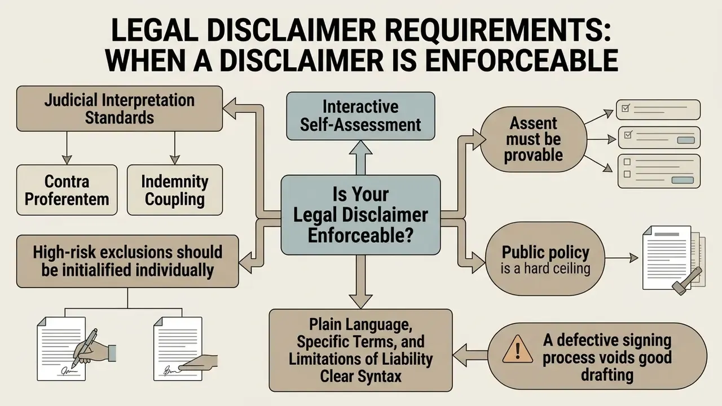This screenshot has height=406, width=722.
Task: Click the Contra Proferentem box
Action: coord(67,190)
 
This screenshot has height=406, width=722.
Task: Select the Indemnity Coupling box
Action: coord(175,190)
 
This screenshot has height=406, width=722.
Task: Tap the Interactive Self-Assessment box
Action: coord(360,116)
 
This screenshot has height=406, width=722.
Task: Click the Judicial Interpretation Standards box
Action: coord(120,109)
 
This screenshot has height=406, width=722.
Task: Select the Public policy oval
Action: coord(545,259)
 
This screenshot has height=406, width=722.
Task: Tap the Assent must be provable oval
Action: coord(534,139)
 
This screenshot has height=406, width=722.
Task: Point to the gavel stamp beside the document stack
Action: coord(686,281)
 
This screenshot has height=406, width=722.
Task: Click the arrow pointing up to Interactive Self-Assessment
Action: coord(360,158)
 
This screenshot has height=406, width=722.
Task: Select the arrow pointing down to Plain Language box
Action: coord(360,281)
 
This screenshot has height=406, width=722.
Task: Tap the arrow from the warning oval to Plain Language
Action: coord(470,355)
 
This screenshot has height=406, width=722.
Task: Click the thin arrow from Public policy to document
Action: coord(622,258)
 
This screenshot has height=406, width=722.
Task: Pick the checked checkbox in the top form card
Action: coord(626,108)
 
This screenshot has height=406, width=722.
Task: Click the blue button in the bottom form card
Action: coord(683,180)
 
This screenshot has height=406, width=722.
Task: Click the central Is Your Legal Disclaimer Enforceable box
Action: coord(360,215)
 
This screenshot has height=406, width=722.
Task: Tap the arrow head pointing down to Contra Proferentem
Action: coord(67,160)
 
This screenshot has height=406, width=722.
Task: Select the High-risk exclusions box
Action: coord(127,261)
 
